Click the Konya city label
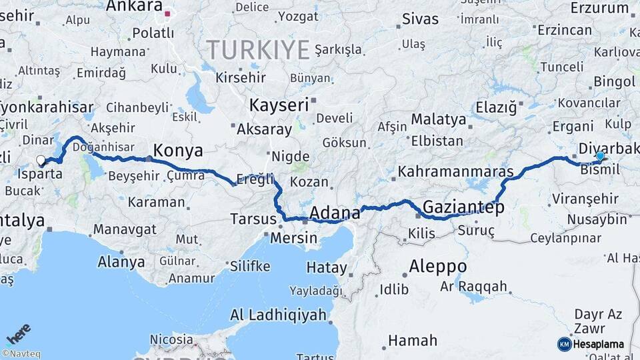pyautogui.click(x=178, y=149)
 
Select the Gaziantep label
pyautogui.click(x=463, y=207)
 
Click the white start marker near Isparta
pyautogui.click(x=41, y=160)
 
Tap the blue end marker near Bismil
pyautogui.click(x=600, y=156)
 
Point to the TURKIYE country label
pyautogui.click(x=257, y=49)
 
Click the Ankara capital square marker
pyautogui.click(x=169, y=13)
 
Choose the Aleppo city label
pyautogui.click(x=437, y=266)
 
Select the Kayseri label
pyautogui.click(x=279, y=105)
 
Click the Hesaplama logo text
pyautogui.click(x=598, y=344)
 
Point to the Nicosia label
pyautogui.click(x=171, y=339)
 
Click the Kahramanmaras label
pyautogui.click(x=455, y=171)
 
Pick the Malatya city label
pyautogui.click(x=438, y=119)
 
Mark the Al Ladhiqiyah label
pyautogui.click(x=278, y=315)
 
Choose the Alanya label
pyautogui.click(x=121, y=261)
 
